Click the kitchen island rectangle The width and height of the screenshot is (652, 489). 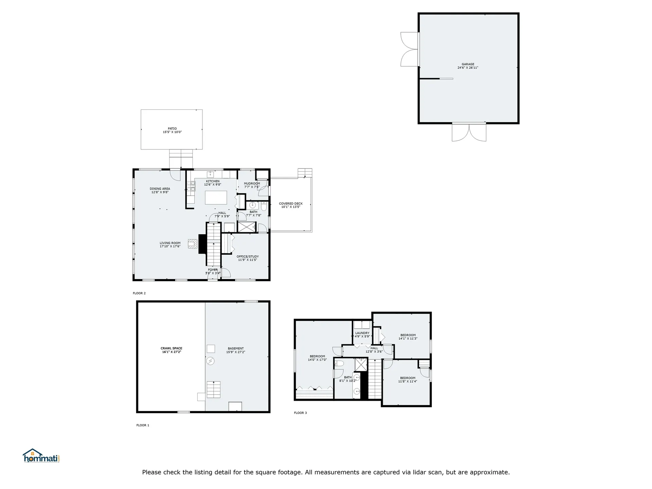click(216, 197)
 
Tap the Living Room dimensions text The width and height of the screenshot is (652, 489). click(170, 246)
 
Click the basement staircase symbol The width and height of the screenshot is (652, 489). click(214, 390)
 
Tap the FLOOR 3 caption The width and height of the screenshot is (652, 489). click(300, 413)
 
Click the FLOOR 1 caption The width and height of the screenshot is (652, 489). click(143, 425)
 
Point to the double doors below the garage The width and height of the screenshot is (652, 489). click(469, 132)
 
